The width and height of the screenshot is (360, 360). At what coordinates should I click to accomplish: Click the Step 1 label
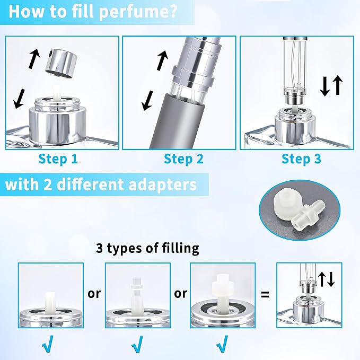pyautogui.click(x=58, y=159)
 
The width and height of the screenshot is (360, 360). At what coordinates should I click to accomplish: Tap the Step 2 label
pyautogui.click(x=183, y=159)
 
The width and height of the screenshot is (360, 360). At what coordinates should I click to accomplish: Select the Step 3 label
pyautogui.click(x=301, y=159)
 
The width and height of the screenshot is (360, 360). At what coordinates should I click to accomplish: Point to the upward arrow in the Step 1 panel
pyautogui.click(x=34, y=58)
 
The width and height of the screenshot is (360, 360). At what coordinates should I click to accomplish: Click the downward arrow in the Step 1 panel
pyautogui.click(x=19, y=99)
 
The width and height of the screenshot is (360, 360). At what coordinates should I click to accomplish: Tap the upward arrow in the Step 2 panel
pyautogui.click(x=162, y=60)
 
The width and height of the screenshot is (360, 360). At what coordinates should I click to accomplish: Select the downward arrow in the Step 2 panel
pyautogui.click(x=147, y=101)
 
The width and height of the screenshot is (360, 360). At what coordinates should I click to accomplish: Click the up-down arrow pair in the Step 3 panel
pyautogui.click(x=331, y=85)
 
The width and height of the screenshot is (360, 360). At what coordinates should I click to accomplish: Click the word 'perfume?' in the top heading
pyautogui.click(x=138, y=12)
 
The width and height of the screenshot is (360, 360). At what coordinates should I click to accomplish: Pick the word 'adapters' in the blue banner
pyautogui.click(x=163, y=185)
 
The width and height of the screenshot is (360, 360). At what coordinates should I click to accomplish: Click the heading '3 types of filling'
pyautogui.click(x=147, y=248)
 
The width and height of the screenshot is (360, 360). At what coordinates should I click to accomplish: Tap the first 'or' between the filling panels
pyautogui.click(x=94, y=294)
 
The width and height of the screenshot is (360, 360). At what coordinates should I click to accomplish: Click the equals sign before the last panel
pyautogui.click(x=265, y=294)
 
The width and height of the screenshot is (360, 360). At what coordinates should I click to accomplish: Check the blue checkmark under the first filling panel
pyautogui.click(x=48, y=344)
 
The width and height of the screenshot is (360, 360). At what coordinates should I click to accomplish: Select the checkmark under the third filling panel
pyautogui.click(x=222, y=344)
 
